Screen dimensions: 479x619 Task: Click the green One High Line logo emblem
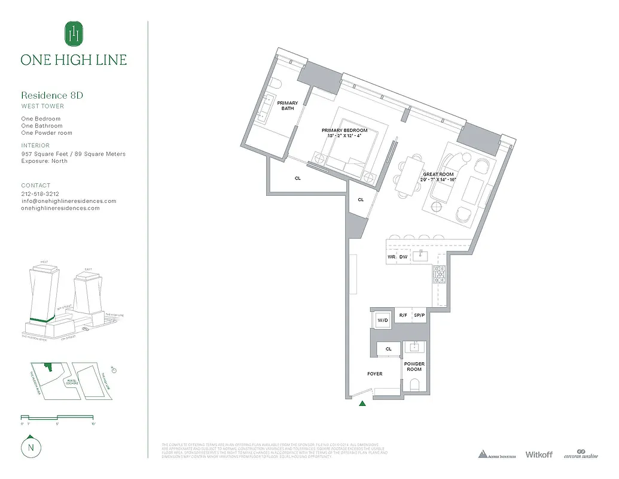(74, 34)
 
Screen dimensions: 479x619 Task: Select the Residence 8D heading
(52, 95)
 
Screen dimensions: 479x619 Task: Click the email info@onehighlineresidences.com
(68, 201)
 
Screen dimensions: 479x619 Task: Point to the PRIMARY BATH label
(287, 106)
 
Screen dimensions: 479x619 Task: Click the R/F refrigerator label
(404, 316)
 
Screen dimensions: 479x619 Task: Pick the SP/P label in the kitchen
(419, 316)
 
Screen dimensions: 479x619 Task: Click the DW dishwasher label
(403, 257)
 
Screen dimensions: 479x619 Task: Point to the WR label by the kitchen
(392, 257)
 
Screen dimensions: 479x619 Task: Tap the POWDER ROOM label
(414, 366)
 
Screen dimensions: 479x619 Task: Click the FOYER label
(374, 374)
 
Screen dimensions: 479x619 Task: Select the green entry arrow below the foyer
(362, 404)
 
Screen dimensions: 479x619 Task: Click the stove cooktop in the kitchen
(440, 275)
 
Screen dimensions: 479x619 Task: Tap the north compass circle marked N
(29, 447)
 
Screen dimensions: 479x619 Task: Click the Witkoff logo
(539, 455)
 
